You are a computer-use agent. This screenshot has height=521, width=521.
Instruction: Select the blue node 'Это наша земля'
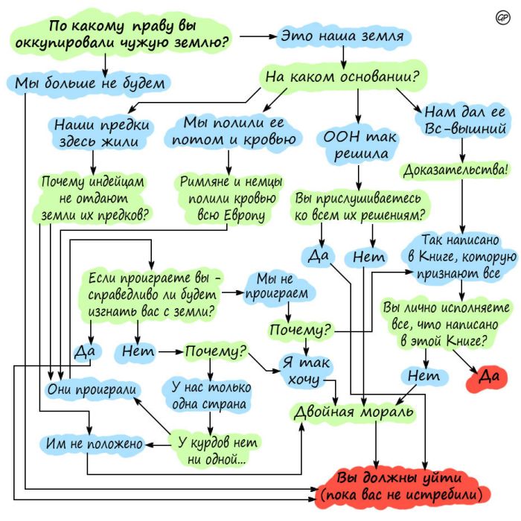pyautogui.click(x=342, y=35)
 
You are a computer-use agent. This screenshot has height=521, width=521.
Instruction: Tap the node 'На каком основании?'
pyautogui.click(x=342, y=75)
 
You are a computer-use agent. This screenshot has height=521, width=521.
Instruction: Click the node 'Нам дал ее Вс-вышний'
pyautogui.click(x=464, y=121)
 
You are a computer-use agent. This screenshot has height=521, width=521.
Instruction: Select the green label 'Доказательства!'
pyautogui.click(x=456, y=170)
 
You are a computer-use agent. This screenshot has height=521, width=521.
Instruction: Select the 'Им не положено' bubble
pyautogui.click(x=92, y=444)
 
